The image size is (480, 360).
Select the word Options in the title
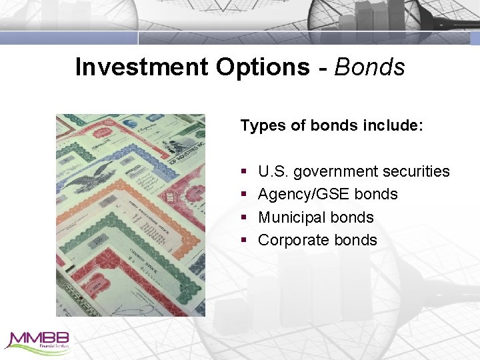point(263,67)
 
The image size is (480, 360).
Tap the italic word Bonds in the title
point(370,67)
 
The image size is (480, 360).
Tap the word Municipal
point(290,217)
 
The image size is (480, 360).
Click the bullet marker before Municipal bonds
point(244,218)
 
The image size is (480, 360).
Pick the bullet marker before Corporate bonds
point(244,241)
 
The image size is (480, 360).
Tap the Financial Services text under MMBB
point(53,347)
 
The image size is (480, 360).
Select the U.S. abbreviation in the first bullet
point(273,172)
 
